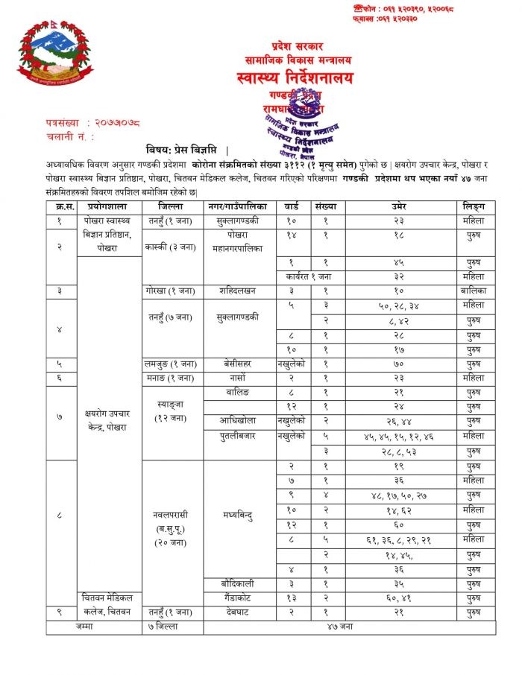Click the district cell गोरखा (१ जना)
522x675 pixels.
[x=172, y=291]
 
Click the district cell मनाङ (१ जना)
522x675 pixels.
[x=172, y=377]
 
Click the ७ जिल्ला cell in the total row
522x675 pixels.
[x=172, y=627]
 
